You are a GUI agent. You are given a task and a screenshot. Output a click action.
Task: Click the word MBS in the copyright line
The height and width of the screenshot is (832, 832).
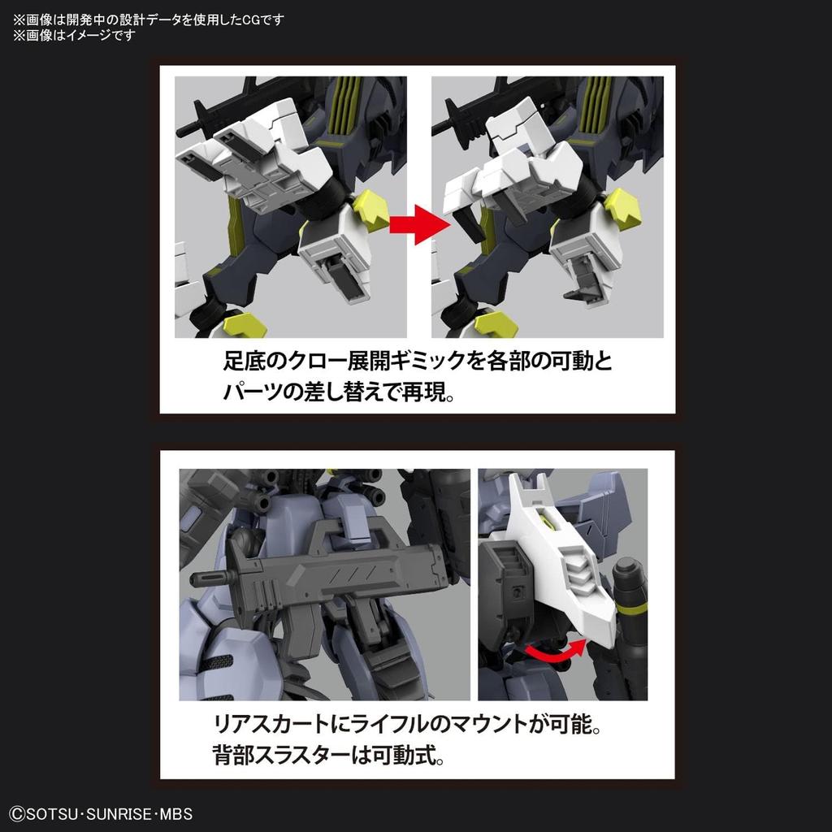click(175, 813)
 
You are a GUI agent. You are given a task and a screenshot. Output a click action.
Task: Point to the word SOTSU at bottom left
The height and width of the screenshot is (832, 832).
click(49, 813)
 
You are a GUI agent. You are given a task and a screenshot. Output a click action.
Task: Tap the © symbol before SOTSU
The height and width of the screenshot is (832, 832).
click(16, 813)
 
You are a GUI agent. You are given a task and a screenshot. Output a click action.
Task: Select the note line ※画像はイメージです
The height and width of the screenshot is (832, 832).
click(73, 35)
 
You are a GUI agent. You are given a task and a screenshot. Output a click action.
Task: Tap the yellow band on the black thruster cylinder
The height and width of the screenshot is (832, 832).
click(630, 604)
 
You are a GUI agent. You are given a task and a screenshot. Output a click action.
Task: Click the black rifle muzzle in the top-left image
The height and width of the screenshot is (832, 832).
click(184, 128)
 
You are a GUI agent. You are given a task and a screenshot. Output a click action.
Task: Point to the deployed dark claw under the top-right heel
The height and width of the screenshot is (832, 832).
click(582, 290)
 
